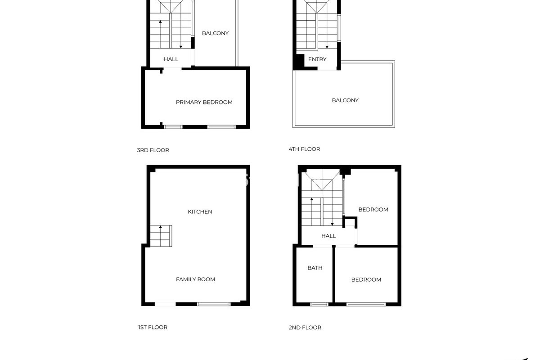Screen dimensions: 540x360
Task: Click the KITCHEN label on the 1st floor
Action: (200, 211)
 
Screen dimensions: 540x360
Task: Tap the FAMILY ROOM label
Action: (195, 279)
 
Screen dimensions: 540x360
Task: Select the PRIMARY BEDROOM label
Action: (204, 102)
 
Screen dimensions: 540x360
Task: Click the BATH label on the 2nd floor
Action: (315, 268)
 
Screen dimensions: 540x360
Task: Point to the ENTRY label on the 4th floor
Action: (317, 59)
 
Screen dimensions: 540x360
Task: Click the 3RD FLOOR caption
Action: (153, 150)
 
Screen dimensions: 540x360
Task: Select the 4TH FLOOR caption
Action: (304, 149)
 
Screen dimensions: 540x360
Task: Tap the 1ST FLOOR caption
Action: (153, 327)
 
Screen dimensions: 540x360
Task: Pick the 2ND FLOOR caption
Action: (305, 328)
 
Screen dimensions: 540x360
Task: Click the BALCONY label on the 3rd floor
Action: (215, 33)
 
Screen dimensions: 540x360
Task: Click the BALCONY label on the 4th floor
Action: (345, 100)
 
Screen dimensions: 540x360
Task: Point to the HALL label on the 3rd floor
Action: (171, 59)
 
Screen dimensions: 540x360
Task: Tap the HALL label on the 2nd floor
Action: (328, 236)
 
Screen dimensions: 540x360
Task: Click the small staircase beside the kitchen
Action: (161, 236)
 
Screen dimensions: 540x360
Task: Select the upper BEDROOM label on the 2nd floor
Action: (373, 210)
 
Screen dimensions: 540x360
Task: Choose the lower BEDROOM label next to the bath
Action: (366, 280)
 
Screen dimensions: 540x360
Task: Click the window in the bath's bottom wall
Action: (319, 304)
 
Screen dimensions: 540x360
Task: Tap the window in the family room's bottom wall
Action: (214, 304)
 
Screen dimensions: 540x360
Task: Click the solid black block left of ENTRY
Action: (299, 61)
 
